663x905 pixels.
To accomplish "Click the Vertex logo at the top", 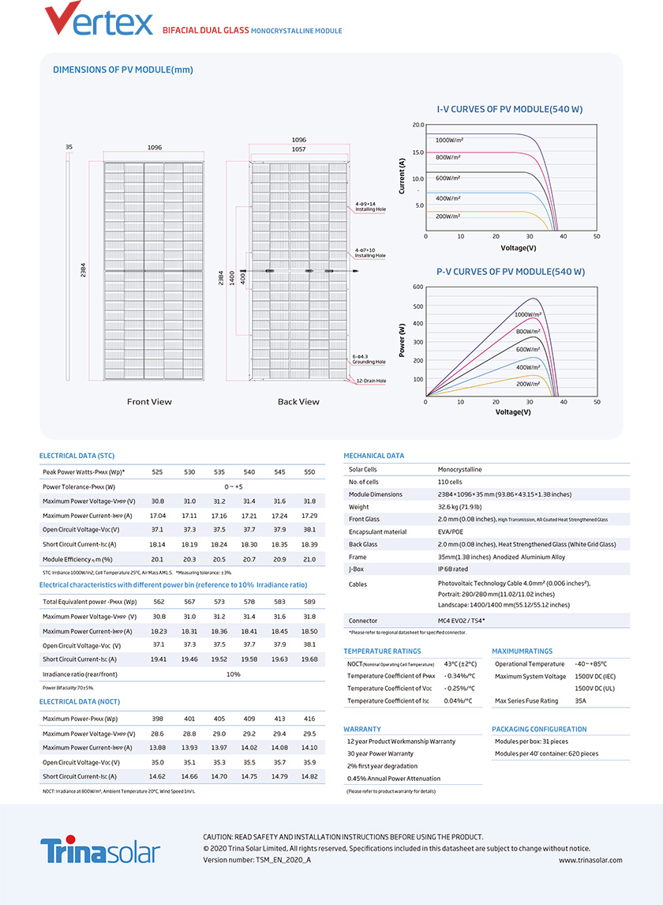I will (99, 20).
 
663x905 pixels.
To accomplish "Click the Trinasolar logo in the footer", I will (100, 851).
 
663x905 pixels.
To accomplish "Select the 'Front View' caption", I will (149, 402).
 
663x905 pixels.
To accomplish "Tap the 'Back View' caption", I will (298, 402).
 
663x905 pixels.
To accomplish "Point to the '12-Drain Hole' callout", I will (370, 381).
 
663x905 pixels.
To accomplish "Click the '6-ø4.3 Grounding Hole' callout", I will (370, 359).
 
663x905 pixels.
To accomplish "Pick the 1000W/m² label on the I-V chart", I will (449, 140).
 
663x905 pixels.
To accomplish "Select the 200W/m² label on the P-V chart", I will (528, 384).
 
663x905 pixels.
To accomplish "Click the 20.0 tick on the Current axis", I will (418, 126).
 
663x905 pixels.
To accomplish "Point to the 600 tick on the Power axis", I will (418, 287).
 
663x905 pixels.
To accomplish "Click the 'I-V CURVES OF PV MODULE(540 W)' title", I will (509, 109).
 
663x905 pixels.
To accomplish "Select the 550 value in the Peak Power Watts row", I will (309, 471).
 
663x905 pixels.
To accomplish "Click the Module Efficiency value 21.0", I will (309, 559).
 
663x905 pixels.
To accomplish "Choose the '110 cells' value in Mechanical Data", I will (450, 481).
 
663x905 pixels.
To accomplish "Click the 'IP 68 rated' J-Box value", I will (453, 568).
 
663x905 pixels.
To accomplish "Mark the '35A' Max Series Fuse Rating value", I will (581, 700).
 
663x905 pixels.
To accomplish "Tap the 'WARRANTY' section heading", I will (362, 729).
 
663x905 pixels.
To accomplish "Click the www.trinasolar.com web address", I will (590, 860).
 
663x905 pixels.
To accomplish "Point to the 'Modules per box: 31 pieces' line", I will (531, 742).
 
